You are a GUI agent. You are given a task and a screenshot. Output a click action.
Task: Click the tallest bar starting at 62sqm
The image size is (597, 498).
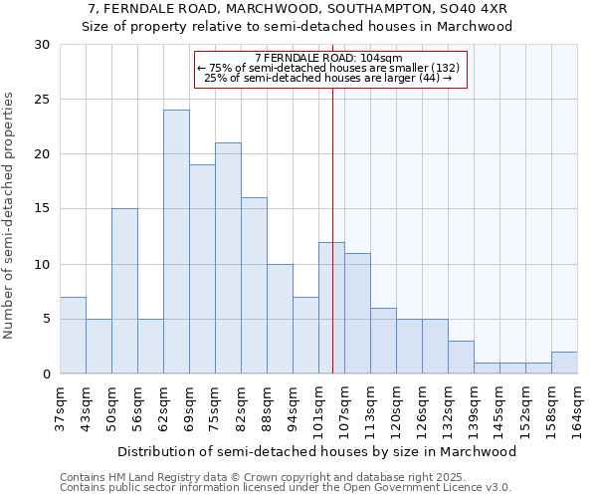[176, 242]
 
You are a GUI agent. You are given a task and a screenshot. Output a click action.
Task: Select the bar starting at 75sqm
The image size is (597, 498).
[228, 258]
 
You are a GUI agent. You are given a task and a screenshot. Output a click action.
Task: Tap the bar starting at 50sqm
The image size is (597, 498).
[124, 291]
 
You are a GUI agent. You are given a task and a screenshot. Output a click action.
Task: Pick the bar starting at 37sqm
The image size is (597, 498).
[73, 335]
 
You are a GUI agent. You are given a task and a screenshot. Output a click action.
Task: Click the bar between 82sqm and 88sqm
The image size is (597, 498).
[254, 286]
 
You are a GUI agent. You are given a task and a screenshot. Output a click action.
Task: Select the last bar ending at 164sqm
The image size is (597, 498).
[564, 363]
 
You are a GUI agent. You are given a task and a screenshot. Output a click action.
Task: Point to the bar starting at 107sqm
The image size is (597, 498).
[357, 313]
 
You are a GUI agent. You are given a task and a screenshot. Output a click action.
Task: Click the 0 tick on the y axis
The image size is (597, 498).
[45, 374]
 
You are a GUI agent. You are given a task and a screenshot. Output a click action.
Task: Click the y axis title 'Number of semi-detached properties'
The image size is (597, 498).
[10, 215]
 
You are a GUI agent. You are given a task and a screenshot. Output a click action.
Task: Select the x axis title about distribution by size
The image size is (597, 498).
[317, 451]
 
